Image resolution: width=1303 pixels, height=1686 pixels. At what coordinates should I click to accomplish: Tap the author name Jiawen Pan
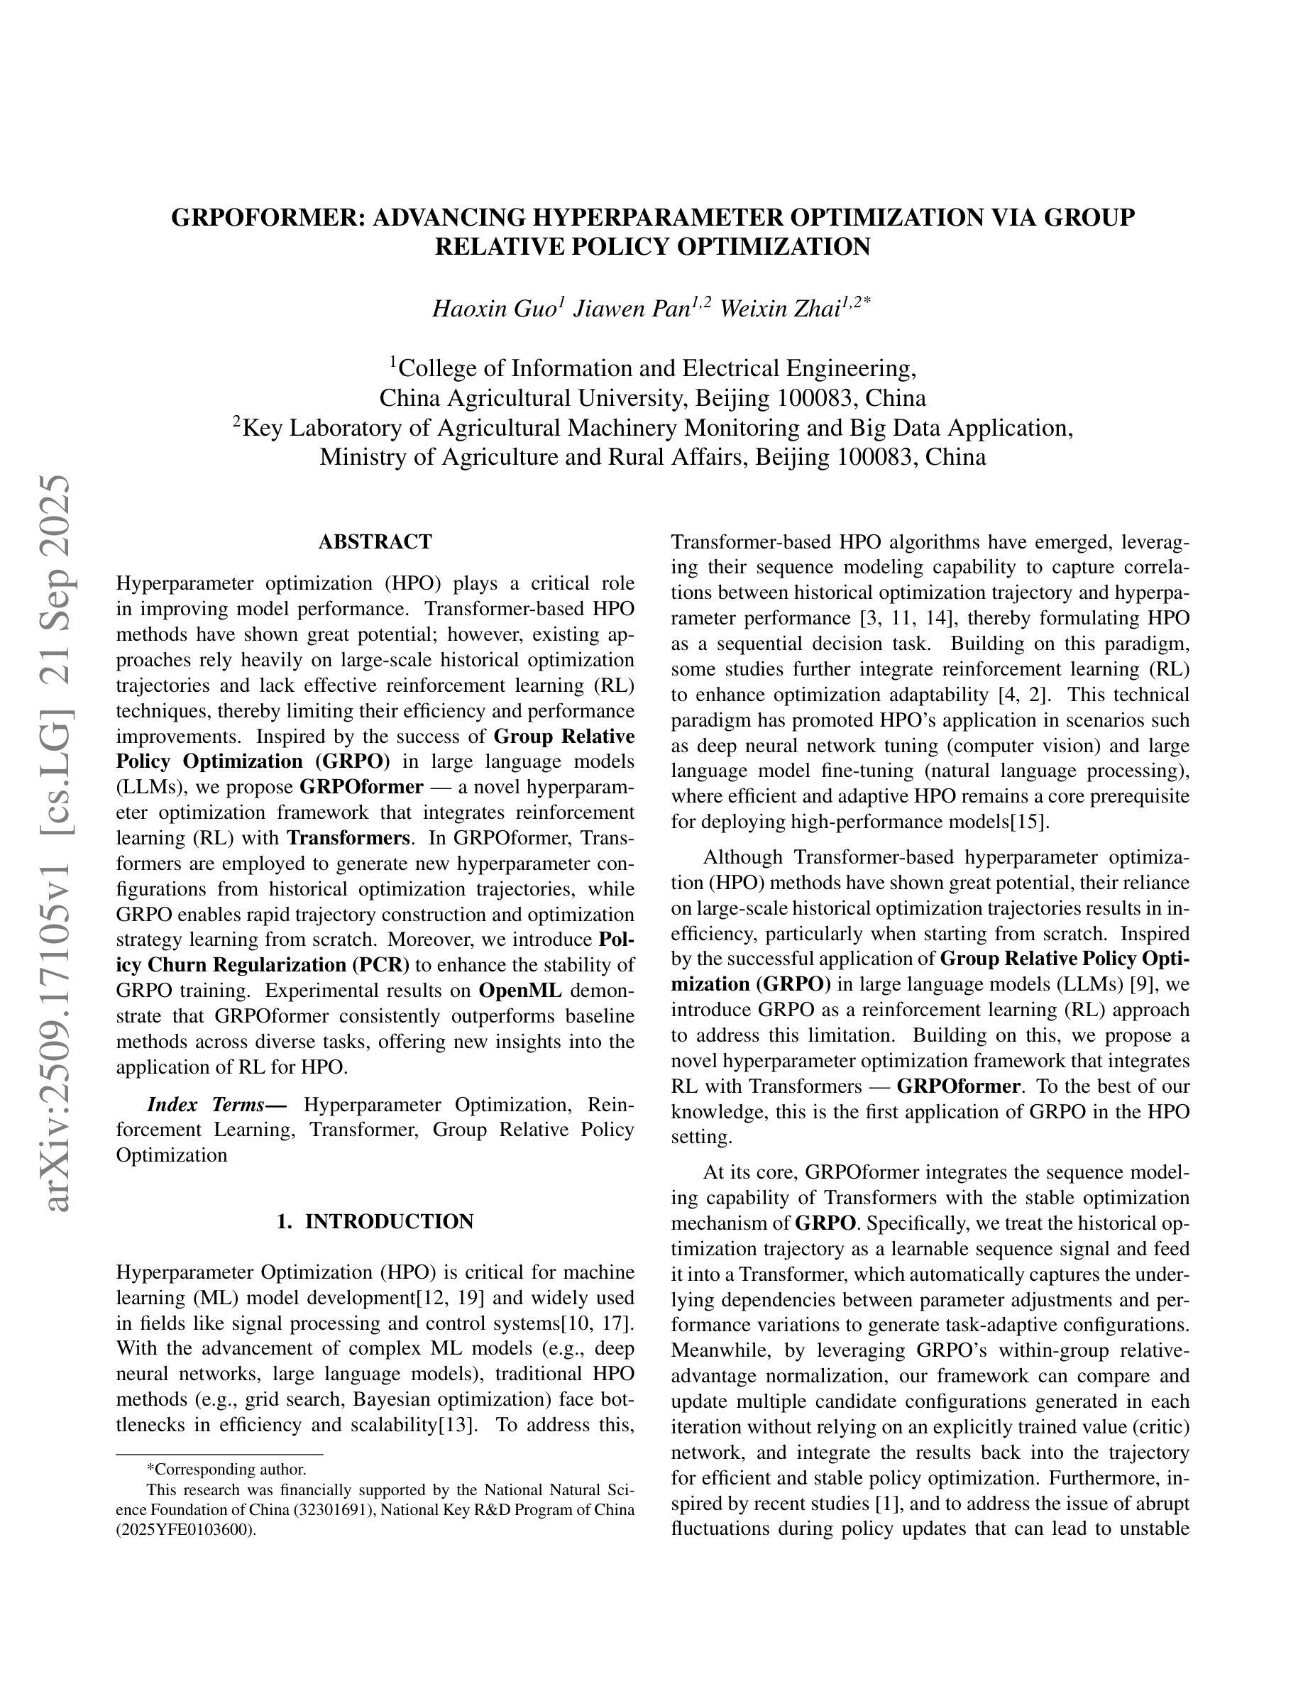(x=632, y=309)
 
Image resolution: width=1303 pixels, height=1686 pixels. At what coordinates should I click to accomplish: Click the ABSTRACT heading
(x=375, y=542)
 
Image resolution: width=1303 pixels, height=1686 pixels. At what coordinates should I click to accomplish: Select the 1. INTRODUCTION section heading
(x=375, y=1221)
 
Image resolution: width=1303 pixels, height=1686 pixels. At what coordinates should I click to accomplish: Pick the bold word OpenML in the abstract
(x=519, y=991)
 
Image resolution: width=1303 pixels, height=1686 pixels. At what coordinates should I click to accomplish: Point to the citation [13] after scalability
(x=455, y=1424)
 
